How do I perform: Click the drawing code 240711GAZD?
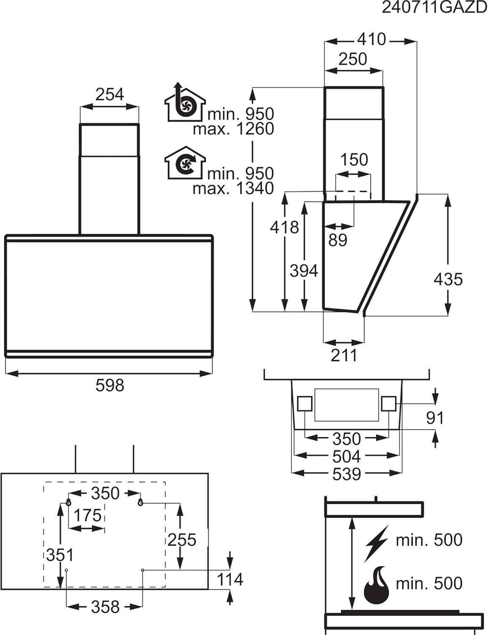click(x=435, y=8)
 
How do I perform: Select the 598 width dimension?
click(x=110, y=385)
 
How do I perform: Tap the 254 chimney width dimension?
click(x=110, y=94)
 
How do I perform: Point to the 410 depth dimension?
click(x=372, y=39)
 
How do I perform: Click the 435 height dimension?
click(x=448, y=279)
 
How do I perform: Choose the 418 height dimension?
click(x=284, y=227)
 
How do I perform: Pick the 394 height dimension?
click(x=304, y=271)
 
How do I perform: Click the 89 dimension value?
click(x=337, y=240)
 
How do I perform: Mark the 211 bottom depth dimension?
click(x=344, y=355)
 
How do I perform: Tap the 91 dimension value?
click(x=435, y=418)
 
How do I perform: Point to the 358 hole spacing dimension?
click(x=105, y=607)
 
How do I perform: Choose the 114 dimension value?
click(x=230, y=579)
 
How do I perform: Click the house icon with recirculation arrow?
click(x=185, y=163)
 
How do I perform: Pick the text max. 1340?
click(x=233, y=189)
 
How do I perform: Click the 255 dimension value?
click(x=181, y=540)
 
